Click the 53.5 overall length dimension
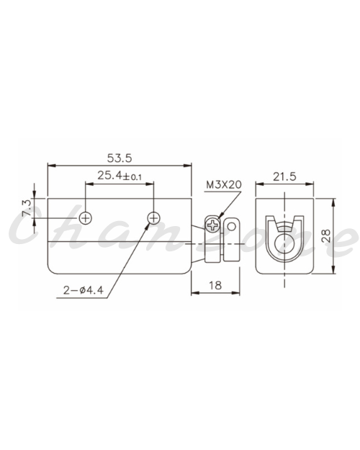(120, 158)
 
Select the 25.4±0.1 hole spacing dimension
(120, 176)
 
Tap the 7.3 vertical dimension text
(27, 208)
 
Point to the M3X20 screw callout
(224, 184)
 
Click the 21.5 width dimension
(284, 176)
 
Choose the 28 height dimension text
(326, 236)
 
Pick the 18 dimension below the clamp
(215, 285)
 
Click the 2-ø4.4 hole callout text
(84, 290)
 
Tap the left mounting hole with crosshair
(86, 218)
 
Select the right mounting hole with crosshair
(154, 218)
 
